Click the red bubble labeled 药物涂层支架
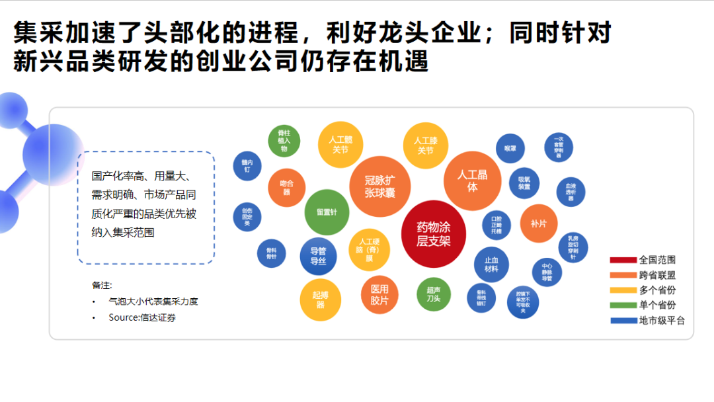pos(434,234)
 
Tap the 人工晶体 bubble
pos(472,181)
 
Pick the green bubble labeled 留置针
pos(327,212)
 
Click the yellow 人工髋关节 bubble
pos(340,144)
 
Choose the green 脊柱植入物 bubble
pos(284,141)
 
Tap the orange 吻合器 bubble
pos(286,188)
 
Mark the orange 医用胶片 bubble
pos(379,294)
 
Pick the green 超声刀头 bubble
pos(434,294)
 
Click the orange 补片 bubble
pos(539,223)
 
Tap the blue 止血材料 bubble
pos(491,264)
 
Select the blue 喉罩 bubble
pos(510,149)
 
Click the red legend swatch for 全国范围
pos(623,260)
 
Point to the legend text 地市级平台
pos(662,321)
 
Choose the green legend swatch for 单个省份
pos(623,305)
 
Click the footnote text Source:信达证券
pos(142,317)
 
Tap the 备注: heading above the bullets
pos(102,285)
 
